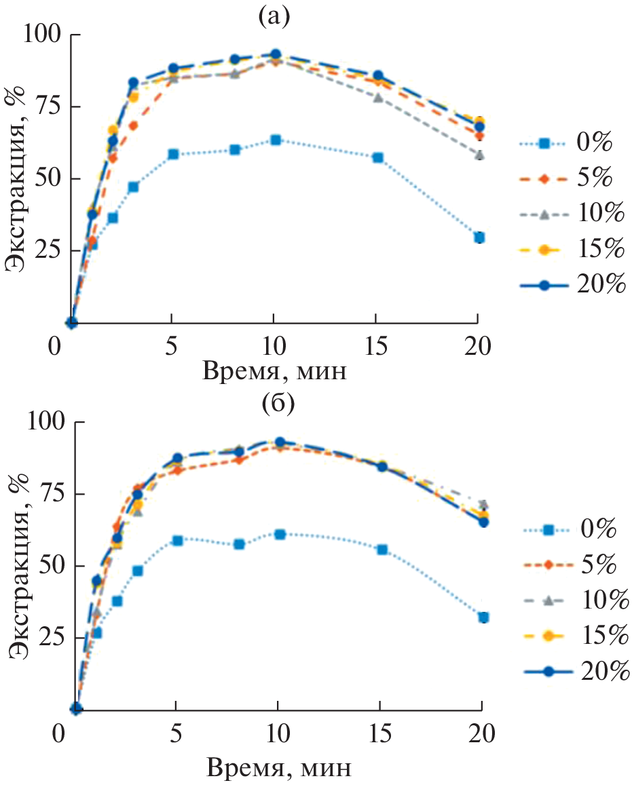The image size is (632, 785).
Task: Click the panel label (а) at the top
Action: (x=274, y=16)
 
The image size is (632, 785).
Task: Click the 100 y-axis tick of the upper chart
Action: (x=44, y=35)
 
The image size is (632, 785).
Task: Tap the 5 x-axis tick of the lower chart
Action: (x=176, y=734)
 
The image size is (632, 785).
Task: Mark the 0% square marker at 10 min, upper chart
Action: (x=275, y=140)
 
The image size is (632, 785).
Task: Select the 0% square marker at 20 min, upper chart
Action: (x=479, y=237)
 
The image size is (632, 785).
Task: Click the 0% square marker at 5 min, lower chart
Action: (x=177, y=540)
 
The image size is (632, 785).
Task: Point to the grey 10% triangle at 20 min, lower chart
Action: (x=483, y=504)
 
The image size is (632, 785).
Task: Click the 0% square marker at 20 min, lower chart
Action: (x=483, y=617)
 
